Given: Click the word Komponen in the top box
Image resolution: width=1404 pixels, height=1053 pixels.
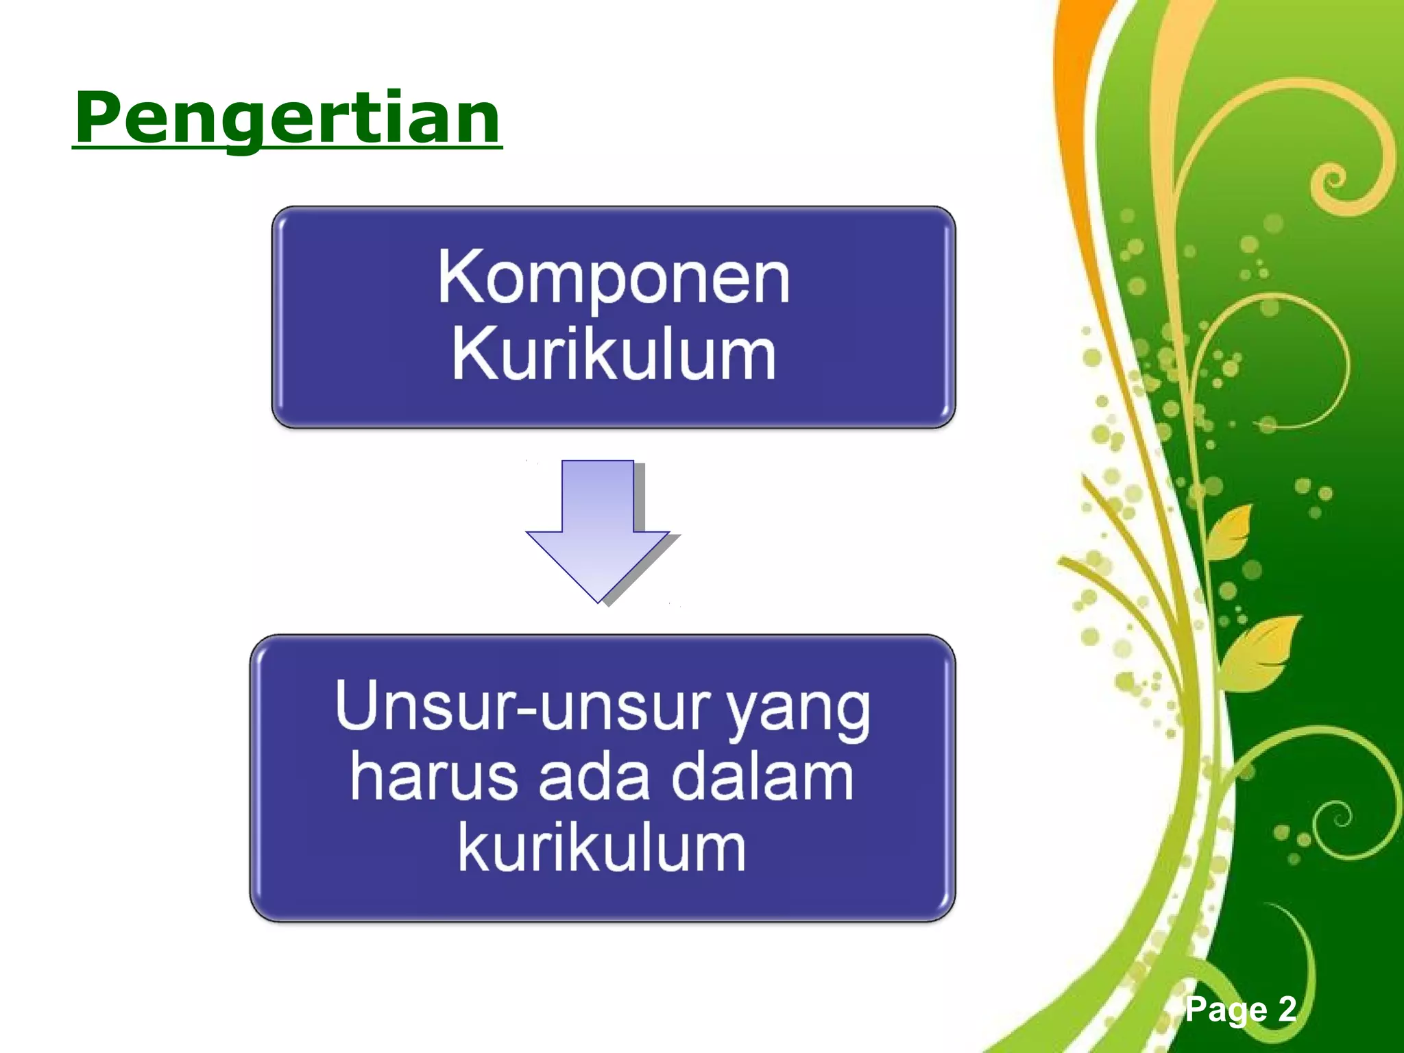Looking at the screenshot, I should [x=614, y=278].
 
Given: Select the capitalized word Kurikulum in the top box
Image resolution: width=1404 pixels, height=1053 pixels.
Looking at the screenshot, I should [x=614, y=354].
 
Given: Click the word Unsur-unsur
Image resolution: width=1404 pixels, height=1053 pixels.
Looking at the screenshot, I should [x=524, y=706].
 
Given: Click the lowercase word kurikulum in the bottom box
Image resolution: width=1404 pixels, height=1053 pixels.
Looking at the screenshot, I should [x=602, y=849].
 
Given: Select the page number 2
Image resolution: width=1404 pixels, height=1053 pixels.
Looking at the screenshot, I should [x=1286, y=1009].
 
